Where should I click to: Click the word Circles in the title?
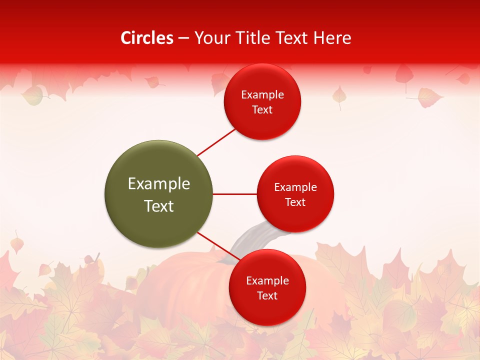pyautogui.click(x=146, y=38)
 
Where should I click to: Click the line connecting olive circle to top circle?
pyautogui.click(x=216, y=142)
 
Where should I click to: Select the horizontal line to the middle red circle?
pyautogui.click(x=235, y=194)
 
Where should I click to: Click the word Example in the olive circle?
pyautogui.click(x=159, y=184)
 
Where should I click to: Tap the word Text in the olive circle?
pyautogui.click(x=159, y=206)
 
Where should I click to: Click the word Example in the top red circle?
pyautogui.click(x=262, y=95)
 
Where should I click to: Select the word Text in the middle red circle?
pyautogui.click(x=295, y=202)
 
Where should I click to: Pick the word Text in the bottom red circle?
pyautogui.click(x=267, y=295)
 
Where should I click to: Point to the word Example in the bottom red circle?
pyautogui.click(x=267, y=281)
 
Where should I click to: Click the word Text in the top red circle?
pyautogui.click(x=262, y=110)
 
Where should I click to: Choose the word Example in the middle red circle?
pyautogui.click(x=295, y=187)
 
